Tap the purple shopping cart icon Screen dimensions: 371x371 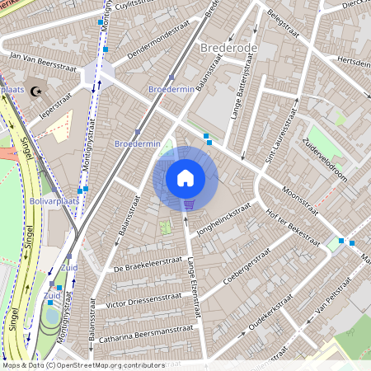189,204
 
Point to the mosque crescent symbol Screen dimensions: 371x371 35,92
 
